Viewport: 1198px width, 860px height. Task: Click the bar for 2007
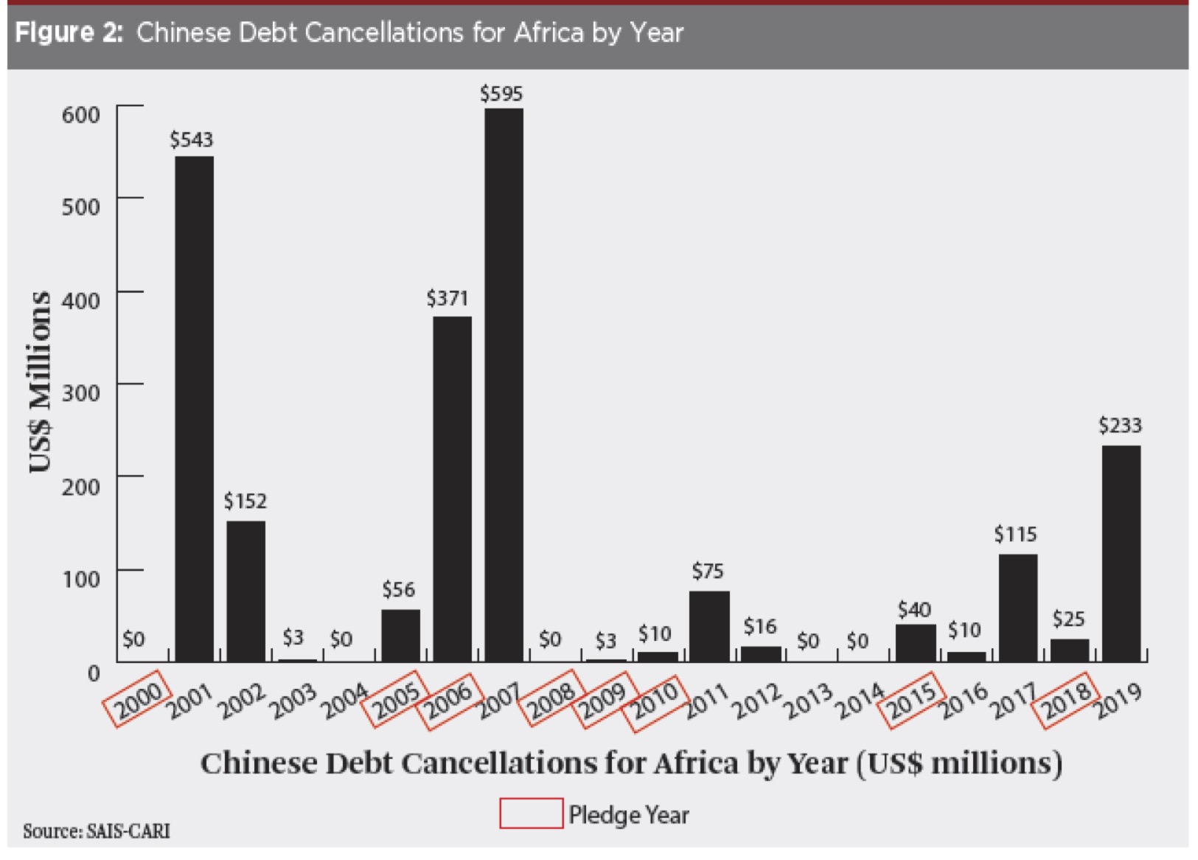(504, 384)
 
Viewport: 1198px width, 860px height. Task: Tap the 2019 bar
(1121, 552)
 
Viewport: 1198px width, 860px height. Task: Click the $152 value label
(245, 502)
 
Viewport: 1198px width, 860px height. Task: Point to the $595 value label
(501, 94)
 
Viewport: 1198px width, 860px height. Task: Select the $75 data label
(708, 571)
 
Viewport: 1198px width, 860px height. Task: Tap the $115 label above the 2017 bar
(1015, 534)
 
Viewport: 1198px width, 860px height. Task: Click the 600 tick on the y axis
(81, 114)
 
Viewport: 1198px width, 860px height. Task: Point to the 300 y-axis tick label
(81, 392)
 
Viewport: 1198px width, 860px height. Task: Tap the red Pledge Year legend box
(531, 814)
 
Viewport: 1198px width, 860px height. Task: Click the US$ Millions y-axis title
(41, 381)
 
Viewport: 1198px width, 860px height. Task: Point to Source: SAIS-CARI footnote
(97, 831)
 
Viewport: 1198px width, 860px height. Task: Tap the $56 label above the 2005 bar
(398, 589)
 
